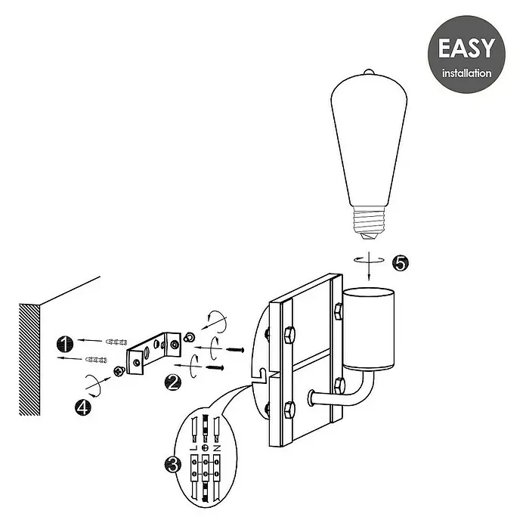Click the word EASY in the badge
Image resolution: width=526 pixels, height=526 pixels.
pyautogui.click(x=466, y=48)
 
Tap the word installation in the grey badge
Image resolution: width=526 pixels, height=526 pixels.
pyautogui.click(x=466, y=73)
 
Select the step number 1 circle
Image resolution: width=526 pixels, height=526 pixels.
pyautogui.click(x=65, y=344)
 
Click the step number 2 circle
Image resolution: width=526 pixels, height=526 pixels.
pyautogui.click(x=173, y=382)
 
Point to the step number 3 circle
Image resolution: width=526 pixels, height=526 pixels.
pyautogui.click(x=173, y=466)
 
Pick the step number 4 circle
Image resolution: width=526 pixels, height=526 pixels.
pyautogui.click(x=83, y=407)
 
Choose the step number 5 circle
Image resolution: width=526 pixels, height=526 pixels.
pyautogui.click(x=401, y=263)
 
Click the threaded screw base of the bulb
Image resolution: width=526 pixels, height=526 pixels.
pyautogui.click(x=369, y=222)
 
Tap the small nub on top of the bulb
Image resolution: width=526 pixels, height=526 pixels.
pyautogui.click(x=369, y=72)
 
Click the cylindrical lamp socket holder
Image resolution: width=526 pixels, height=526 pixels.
pyautogui.click(x=369, y=329)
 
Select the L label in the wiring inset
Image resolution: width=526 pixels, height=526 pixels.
pyautogui.click(x=193, y=448)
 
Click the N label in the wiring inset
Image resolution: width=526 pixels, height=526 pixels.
pyautogui.click(x=217, y=448)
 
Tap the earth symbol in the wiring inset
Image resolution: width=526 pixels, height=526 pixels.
pyautogui.click(x=205, y=448)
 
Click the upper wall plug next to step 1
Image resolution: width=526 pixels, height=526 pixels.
pyautogui.click(x=116, y=342)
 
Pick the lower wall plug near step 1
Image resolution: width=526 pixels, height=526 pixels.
pyautogui.click(x=96, y=360)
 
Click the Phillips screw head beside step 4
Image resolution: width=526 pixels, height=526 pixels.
pyautogui.click(x=119, y=371)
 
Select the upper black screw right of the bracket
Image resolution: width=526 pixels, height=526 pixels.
pyautogui.click(x=235, y=350)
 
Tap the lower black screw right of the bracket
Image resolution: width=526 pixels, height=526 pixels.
pyautogui.click(x=215, y=367)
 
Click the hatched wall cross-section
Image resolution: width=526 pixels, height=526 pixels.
pyautogui.click(x=29, y=360)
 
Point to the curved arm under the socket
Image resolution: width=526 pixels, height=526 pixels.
pyautogui.click(x=349, y=396)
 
